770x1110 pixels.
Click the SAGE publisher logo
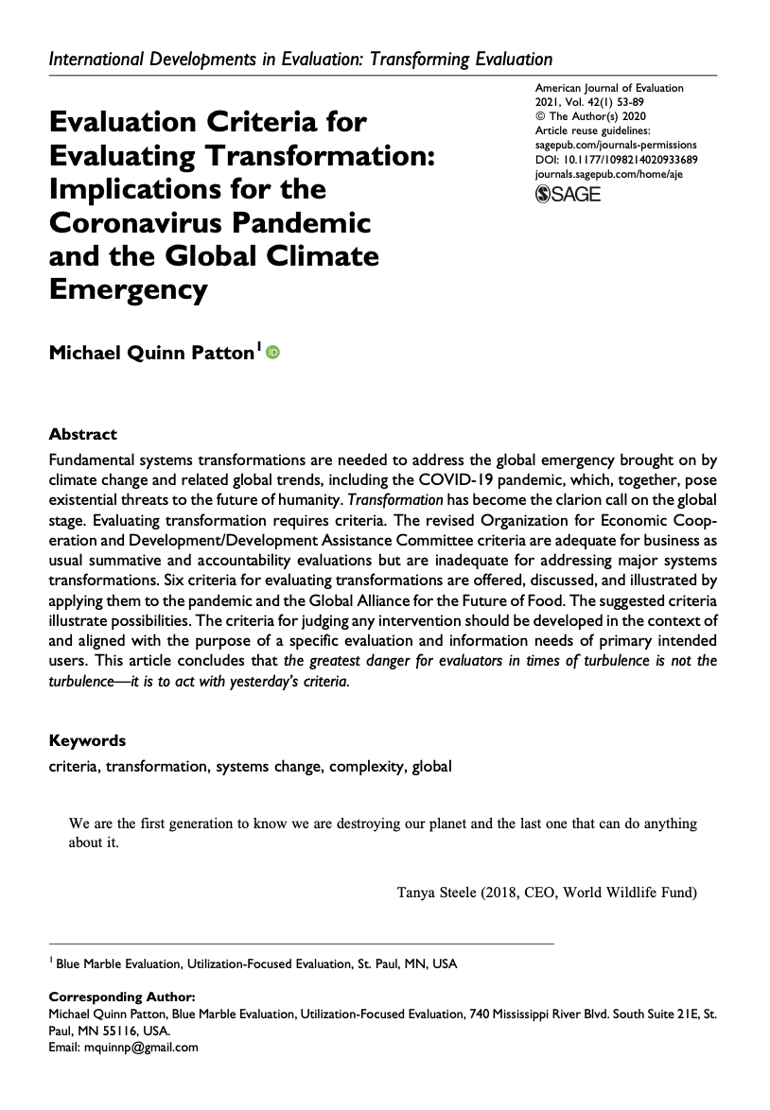[568, 195]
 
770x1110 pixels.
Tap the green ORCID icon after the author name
[274, 353]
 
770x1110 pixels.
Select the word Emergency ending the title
[128, 289]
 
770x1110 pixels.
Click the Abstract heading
[83, 435]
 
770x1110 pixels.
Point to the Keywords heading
[87, 740]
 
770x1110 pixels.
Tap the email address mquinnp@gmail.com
[140, 1047]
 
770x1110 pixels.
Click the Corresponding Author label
[122, 997]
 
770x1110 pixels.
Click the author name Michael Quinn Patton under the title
[152, 354]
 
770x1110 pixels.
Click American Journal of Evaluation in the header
[609, 88]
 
